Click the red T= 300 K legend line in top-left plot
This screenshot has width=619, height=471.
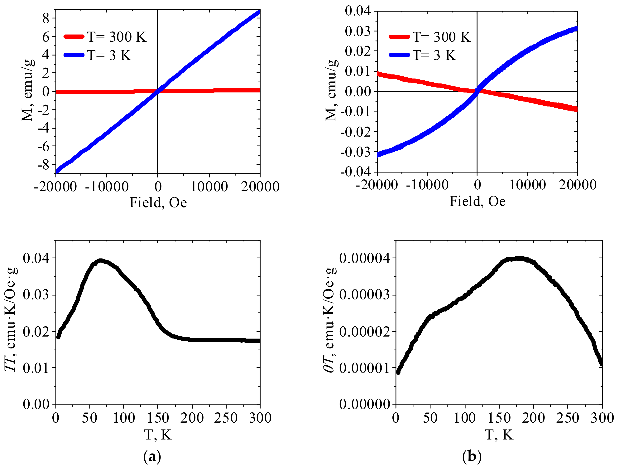pyautogui.click(x=74, y=36)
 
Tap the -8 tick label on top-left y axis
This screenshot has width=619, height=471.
pyautogui.click(x=43, y=165)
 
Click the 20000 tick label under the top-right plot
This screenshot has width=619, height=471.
pyautogui.click(x=577, y=185)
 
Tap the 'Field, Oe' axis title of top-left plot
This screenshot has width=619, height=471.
pyautogui.click(x=158, y=202)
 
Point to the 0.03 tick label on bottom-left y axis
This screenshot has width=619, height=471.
pyautogui.click(x=36, y=295)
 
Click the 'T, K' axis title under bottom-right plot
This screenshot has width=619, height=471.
pyautogui.click(x=499, y=435)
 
